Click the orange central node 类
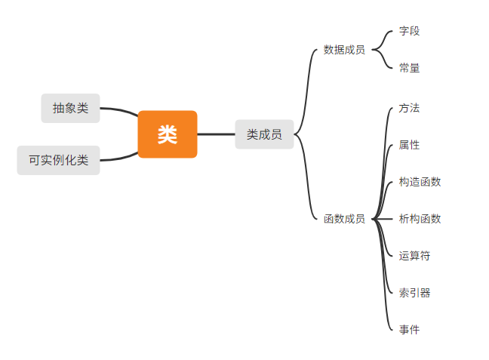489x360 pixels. (168, 134)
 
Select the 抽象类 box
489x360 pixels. (70, 108)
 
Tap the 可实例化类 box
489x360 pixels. (58, 160)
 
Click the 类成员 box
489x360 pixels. (264, 134)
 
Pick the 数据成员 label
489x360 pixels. (344, 50)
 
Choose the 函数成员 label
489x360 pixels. (344, 219)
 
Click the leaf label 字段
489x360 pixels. (409, 31)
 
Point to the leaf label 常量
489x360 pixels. (409, 68)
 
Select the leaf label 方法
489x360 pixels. (409, 108)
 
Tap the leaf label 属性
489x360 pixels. (409, 145)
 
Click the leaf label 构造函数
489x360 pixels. (420, 182)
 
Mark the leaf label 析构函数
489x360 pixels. (420, 219)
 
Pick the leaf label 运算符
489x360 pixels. (414, 256)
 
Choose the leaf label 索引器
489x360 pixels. (414, 293)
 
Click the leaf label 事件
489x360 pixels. (409, 330)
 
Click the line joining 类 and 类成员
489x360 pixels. (216, 134)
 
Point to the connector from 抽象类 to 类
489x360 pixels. (118, 109)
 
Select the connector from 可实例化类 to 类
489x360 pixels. (118, 158)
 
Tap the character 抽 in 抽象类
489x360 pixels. (58, 108)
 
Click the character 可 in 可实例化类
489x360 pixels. (34, 160)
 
